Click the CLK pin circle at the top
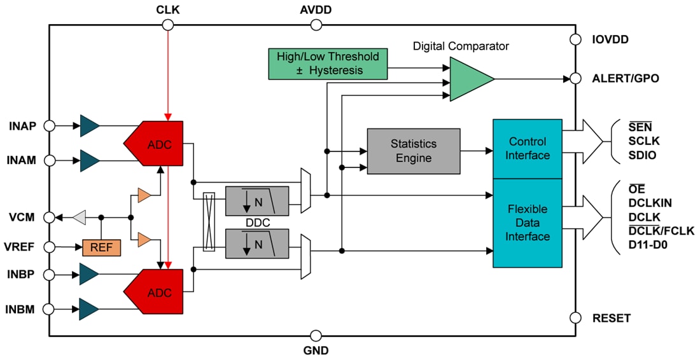(167, 25)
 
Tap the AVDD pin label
(316, 10)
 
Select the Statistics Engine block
(414, 151)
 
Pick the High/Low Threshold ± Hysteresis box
(328, 64)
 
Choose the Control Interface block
(528, 148)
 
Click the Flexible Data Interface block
(528, 223)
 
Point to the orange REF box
(101, 247)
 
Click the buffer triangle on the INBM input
(88, 309)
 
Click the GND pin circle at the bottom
(316, 335)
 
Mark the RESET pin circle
(575, 317)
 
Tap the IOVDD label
(610, 39)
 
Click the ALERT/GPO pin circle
(575, 79)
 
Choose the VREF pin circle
(49, 247)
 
